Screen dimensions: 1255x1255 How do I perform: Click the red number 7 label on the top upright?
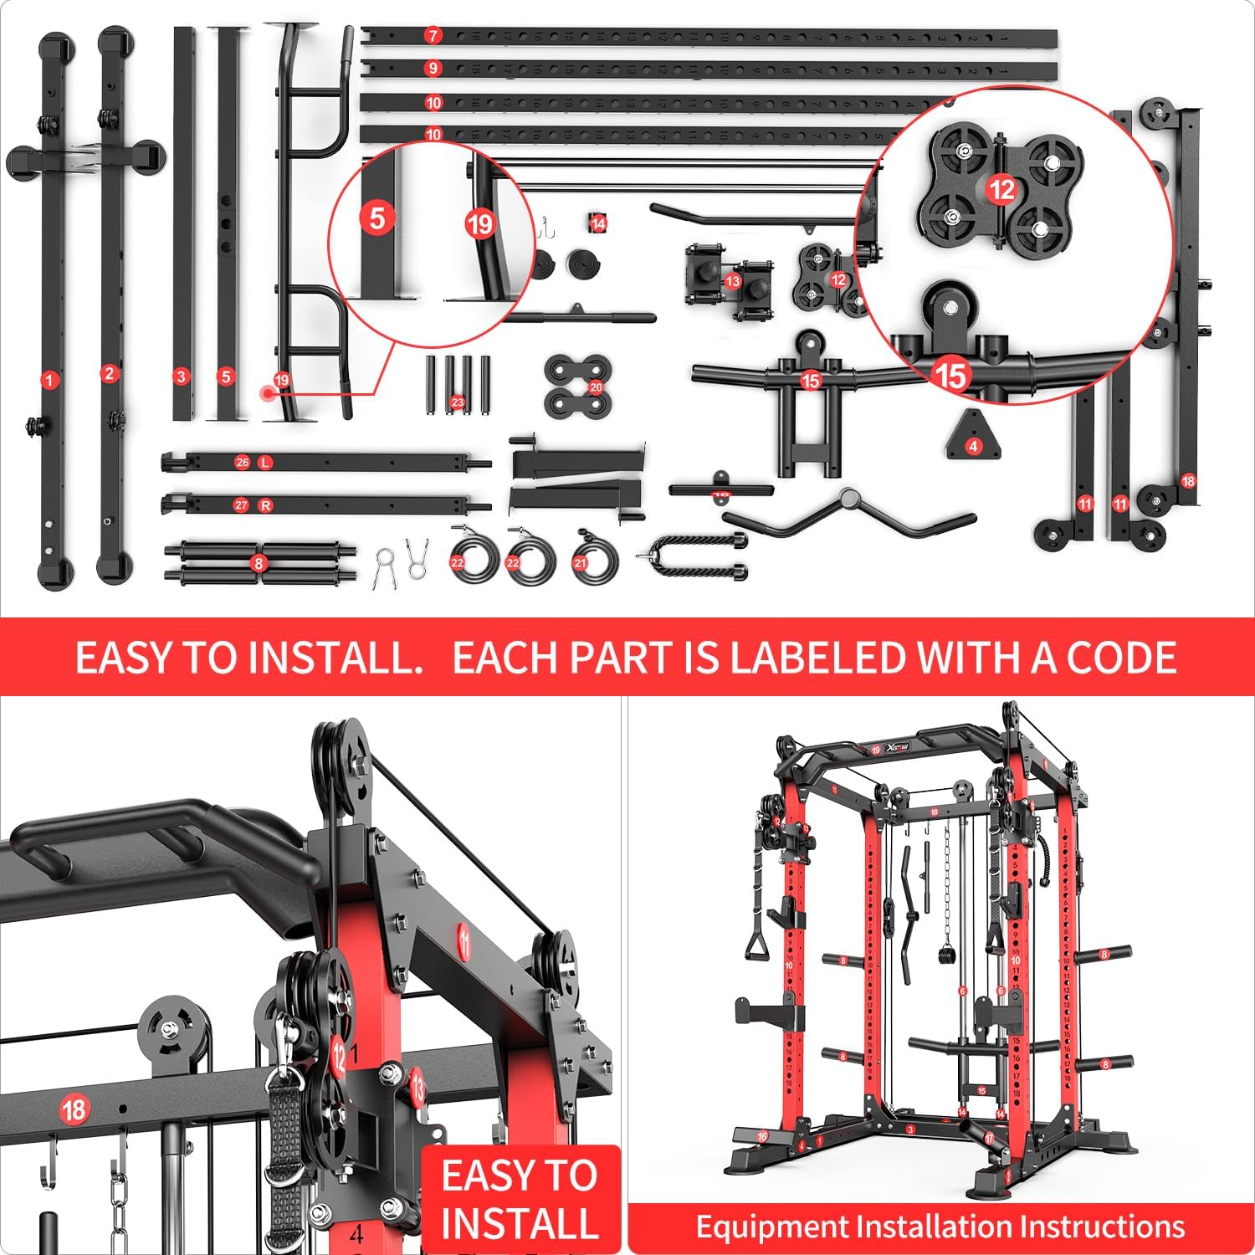point(433,35)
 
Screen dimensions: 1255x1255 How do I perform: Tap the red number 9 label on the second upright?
point(433,68)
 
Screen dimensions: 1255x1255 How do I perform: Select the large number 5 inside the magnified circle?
point(376,218)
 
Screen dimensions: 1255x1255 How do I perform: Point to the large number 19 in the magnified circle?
point(479,223)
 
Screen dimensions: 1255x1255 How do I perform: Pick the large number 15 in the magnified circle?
point(950,376)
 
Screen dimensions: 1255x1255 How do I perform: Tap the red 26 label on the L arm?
point(243,463)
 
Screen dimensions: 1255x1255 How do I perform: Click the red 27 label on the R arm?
point(242,505)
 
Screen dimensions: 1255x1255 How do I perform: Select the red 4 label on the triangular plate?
point(972,446)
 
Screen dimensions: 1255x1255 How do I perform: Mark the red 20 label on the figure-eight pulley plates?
point(595,387)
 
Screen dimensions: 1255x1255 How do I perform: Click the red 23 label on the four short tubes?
point(457,402)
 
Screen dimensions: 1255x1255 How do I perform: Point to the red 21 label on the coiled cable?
point(580,563)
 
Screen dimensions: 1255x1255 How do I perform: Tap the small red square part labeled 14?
point(597,223)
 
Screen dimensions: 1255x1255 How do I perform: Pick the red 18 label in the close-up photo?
point(73,1110)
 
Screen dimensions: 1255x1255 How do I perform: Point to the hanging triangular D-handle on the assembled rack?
point(759,944)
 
